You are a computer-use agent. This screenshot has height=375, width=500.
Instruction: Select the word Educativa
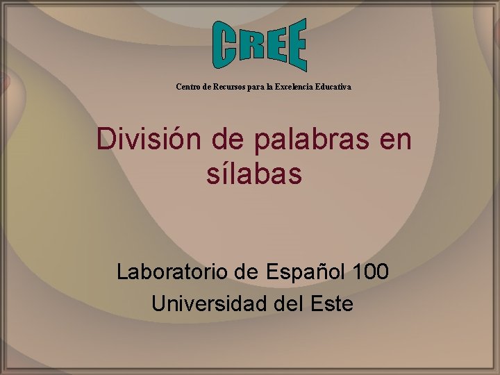pos(334,87)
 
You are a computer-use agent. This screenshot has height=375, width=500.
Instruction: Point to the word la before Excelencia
pos(269,87)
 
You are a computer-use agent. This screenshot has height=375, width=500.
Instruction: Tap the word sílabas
pos(254,174)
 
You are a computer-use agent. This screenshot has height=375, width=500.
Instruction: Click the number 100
pos(371,271)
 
